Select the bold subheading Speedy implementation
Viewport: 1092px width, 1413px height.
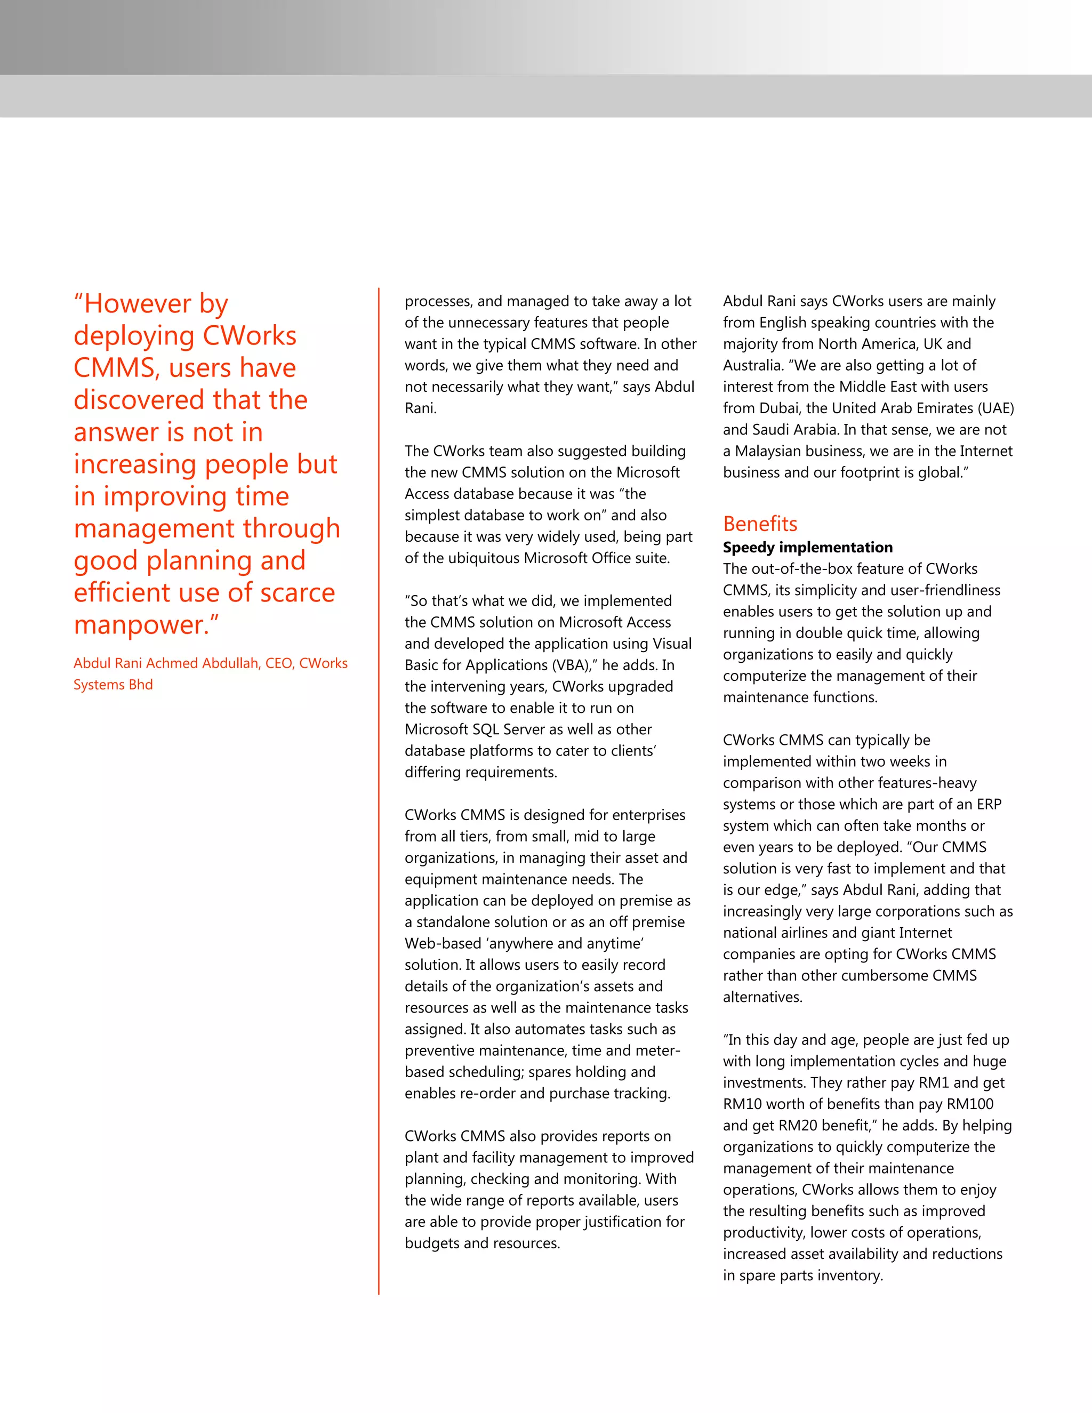(807, 548)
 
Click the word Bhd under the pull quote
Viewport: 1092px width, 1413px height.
(140, 685)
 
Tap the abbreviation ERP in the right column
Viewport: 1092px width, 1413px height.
(989, 804)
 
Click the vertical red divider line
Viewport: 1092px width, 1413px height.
(379, 776)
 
